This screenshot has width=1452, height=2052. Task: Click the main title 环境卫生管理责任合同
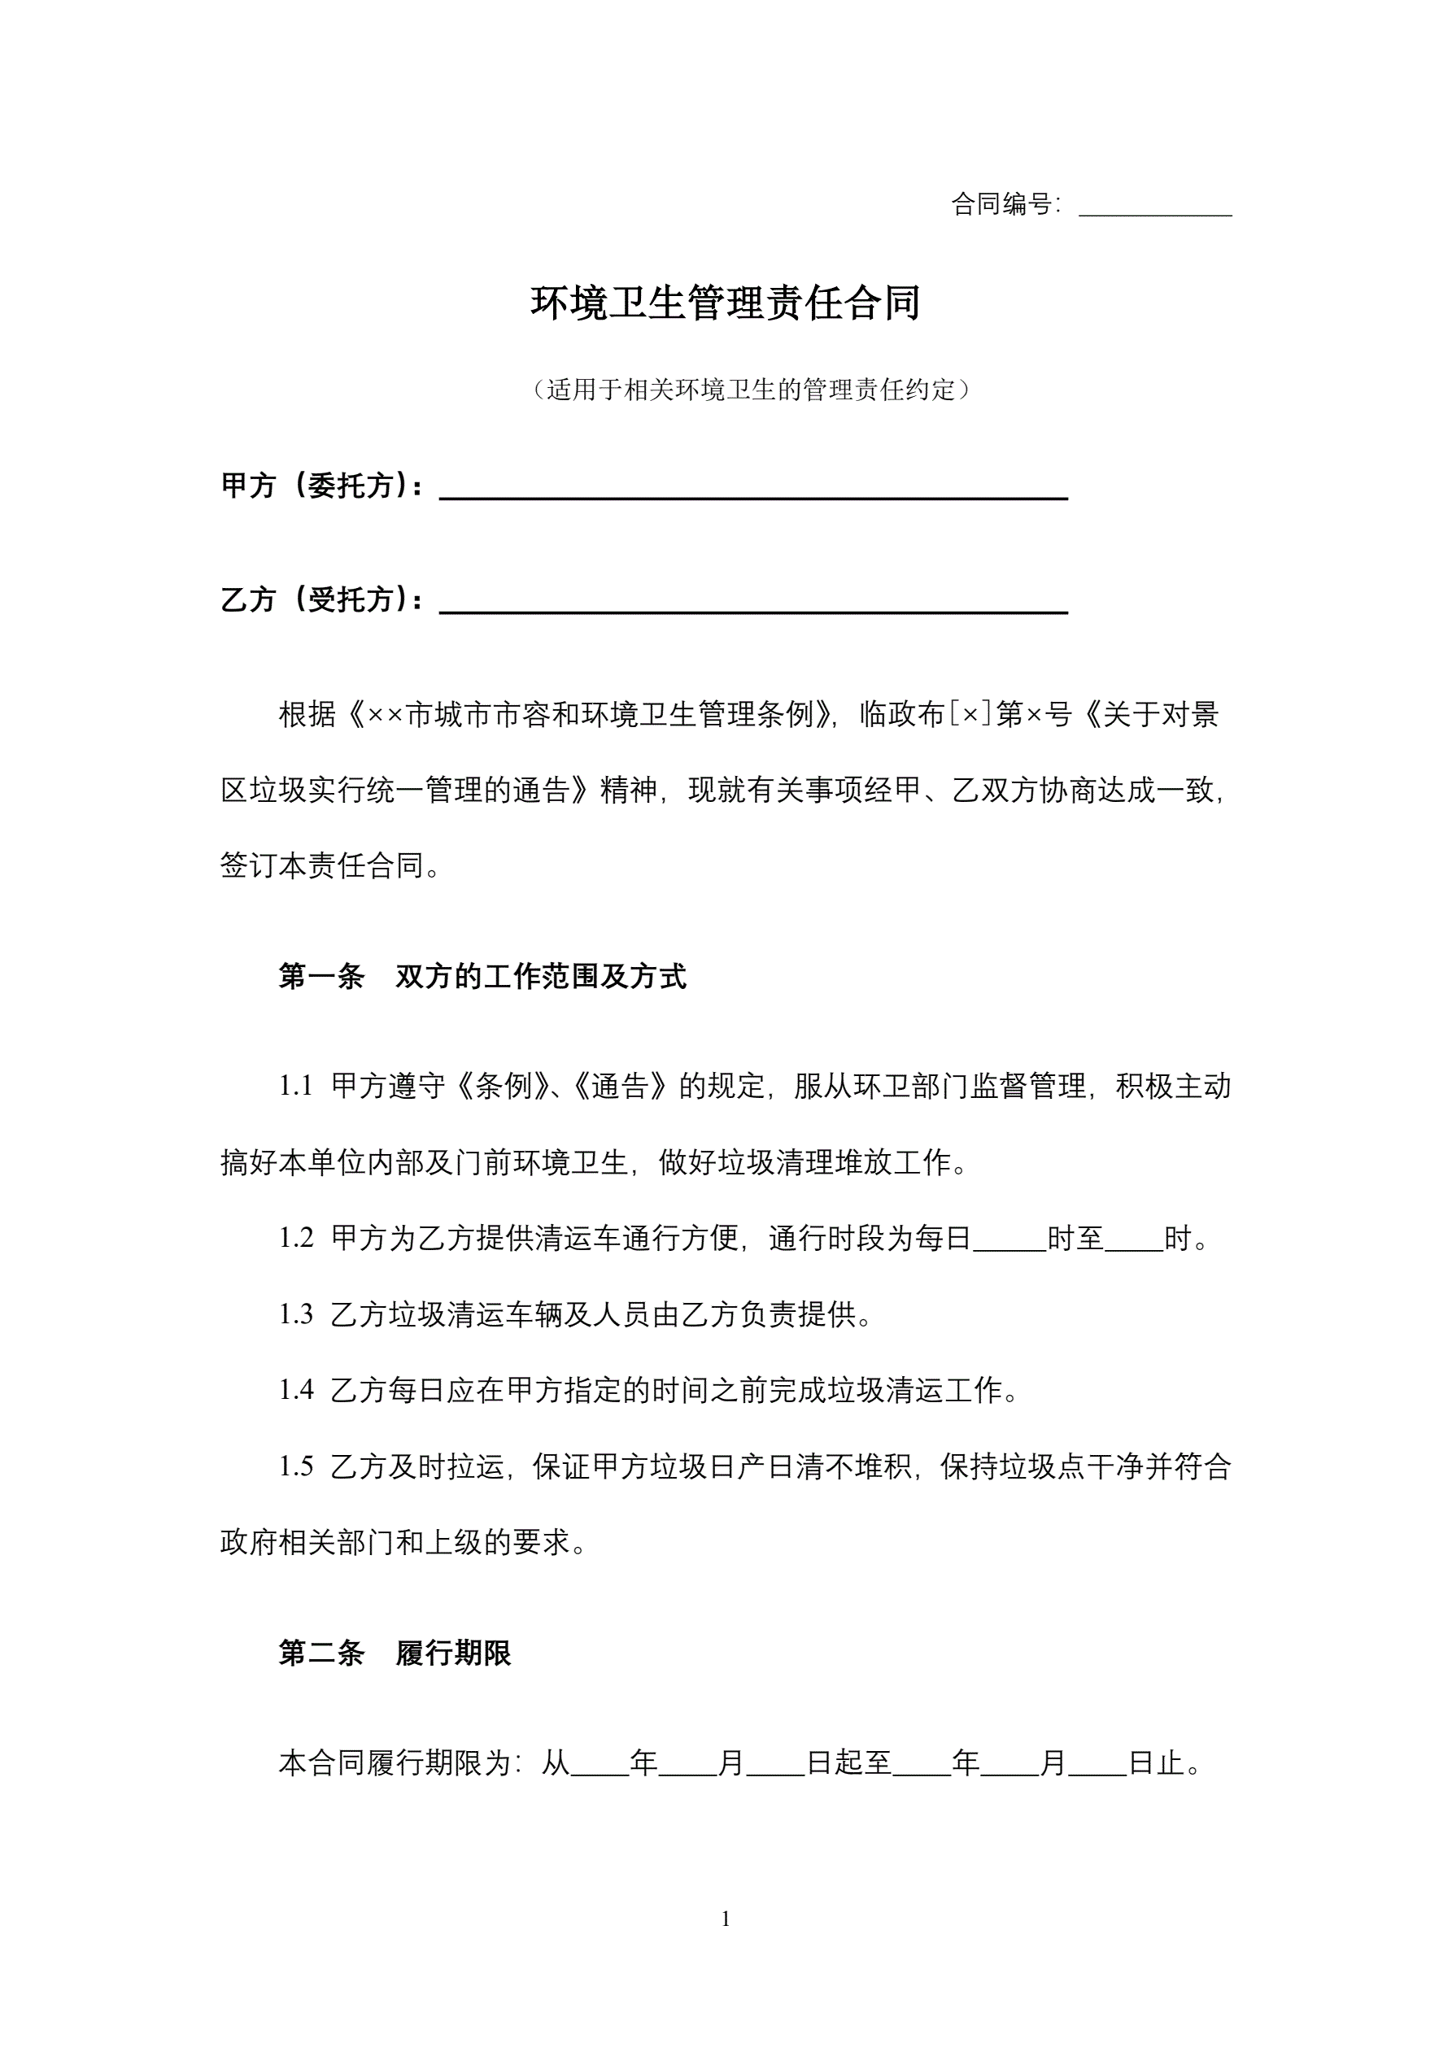(725, 303)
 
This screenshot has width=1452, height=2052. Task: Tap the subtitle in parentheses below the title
(750, 390)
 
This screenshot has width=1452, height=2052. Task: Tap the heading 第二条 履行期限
(395, 1653)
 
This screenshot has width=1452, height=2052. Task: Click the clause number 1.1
(296, 1086)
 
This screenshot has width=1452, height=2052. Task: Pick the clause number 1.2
(296, 1238)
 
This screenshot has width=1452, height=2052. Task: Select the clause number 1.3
(296, 1314)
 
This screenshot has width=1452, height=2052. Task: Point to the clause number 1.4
(296, 1390)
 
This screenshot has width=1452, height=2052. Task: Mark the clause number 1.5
(296, 1466)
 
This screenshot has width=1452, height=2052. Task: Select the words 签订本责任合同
(322, 865)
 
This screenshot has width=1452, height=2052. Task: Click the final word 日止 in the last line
(1156, 1762)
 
